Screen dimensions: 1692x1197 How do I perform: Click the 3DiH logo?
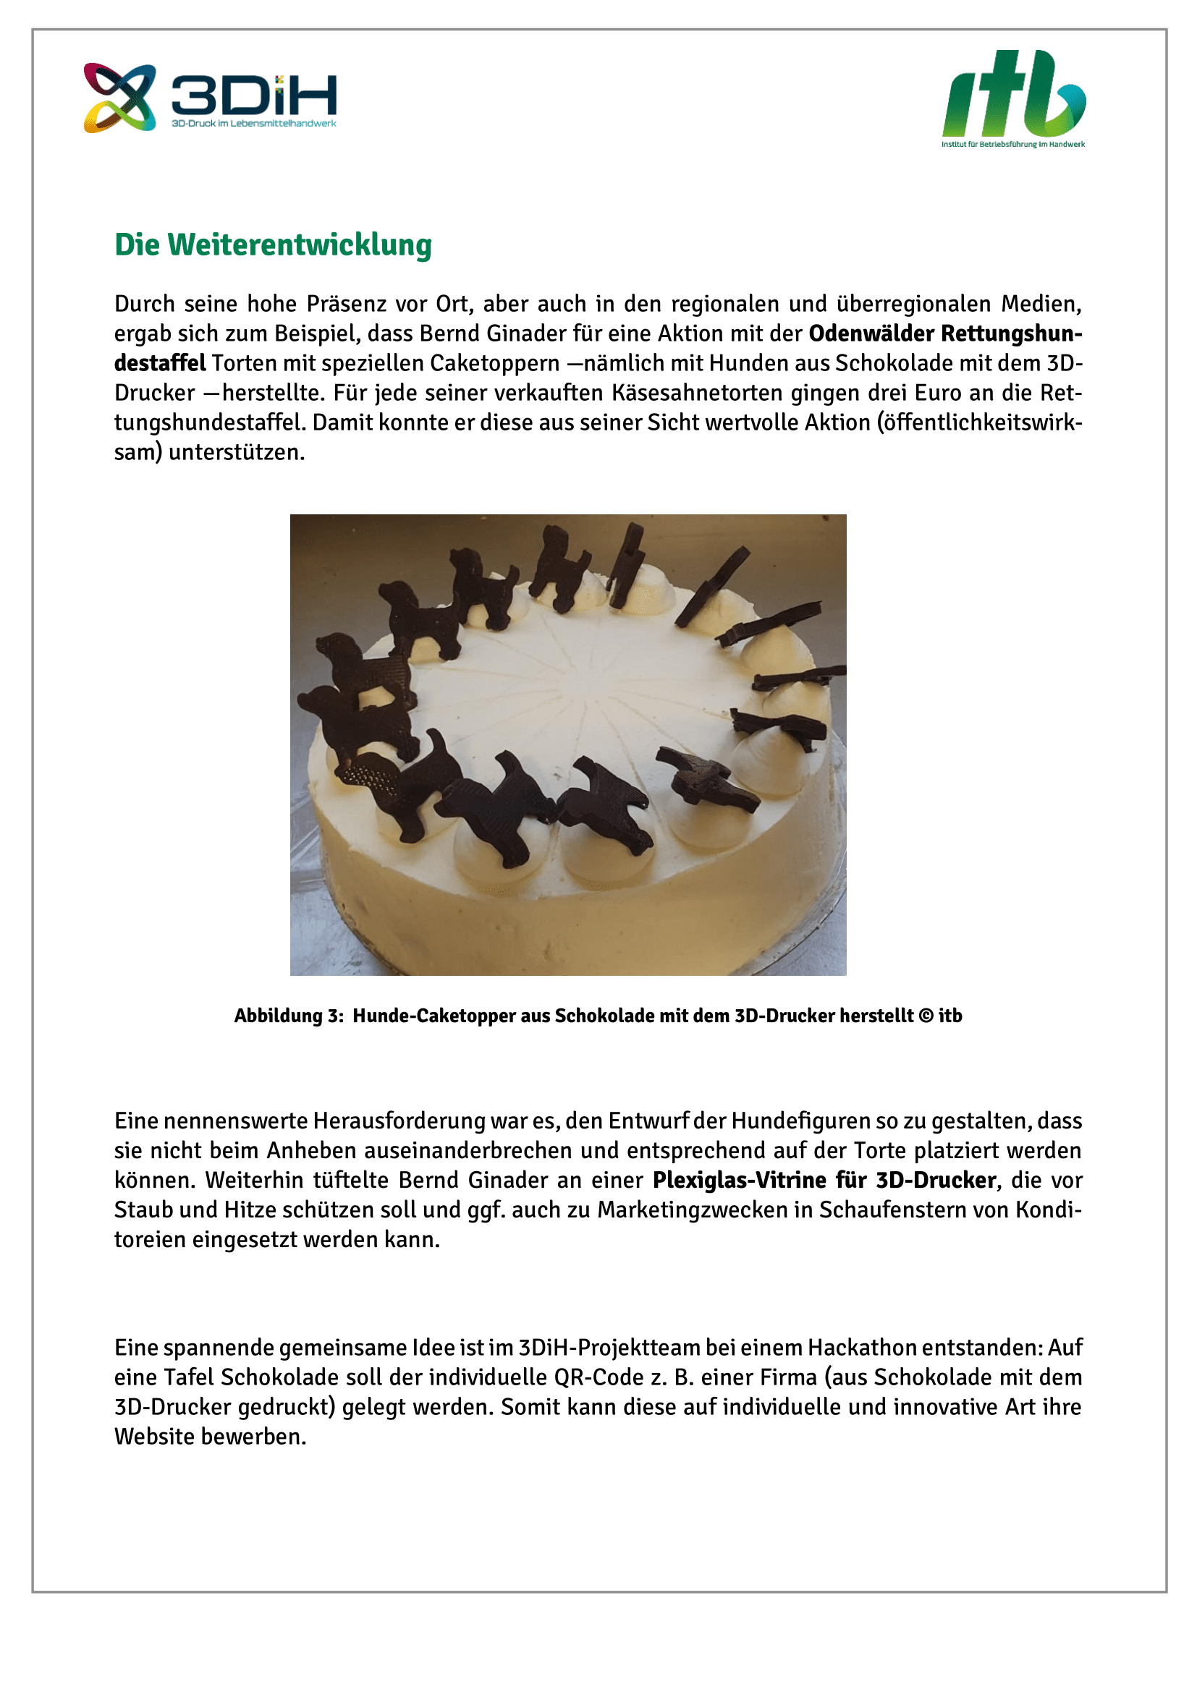click(x=210, y=97)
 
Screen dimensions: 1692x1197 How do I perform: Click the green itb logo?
click(x=1013, y=94)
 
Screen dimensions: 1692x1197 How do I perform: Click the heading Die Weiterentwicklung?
click(x=273, y=245)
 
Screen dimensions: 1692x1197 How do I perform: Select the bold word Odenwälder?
click(x=871, y=333)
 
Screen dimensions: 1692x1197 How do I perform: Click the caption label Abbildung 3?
click(x=289, y=1016)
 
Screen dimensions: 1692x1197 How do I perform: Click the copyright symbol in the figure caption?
click(x=926, y=1016)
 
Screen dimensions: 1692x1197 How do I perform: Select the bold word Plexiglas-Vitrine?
click(x=740, y=1180)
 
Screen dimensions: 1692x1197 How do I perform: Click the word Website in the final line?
click(x=154, y=1437)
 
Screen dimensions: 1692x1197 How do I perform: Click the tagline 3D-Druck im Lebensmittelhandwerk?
click(x=253, y=124)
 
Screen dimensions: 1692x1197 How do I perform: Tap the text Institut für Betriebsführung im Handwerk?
click(x=1012, y=145)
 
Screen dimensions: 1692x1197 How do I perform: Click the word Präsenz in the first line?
click(x=347, y=304)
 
